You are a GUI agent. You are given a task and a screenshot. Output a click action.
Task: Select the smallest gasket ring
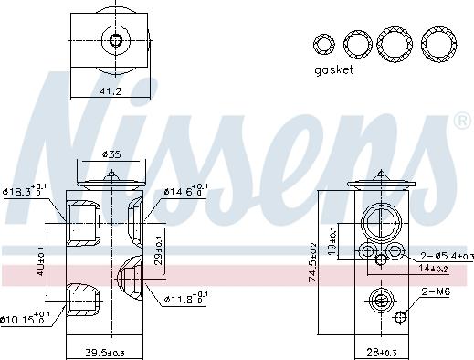pos(322,43)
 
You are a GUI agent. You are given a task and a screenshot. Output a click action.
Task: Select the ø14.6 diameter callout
pos(186,191)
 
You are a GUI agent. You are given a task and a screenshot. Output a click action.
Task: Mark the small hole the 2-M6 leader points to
pos(400,318)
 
